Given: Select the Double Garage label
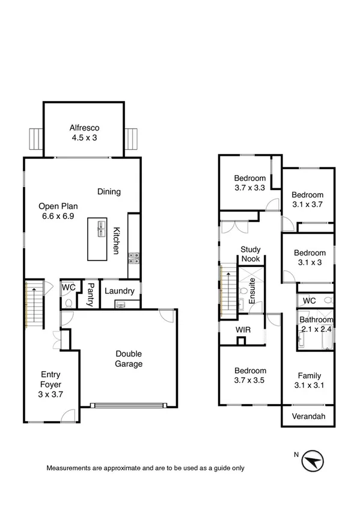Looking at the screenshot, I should (x=129, y=359).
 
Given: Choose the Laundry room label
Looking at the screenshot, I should (x=119, y=291).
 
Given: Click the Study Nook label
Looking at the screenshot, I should (x=249, y=254).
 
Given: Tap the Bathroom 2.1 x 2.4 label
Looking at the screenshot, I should (x=316, y=324).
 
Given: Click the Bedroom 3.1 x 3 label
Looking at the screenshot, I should (x=310, y=257).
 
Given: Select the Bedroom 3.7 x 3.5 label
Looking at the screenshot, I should (x=249, y=376).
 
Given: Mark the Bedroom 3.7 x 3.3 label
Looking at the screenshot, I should (x=249, y=183).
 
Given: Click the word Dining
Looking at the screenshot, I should (x=109, y=192).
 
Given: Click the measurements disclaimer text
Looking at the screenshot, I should (x=145, y=467).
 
